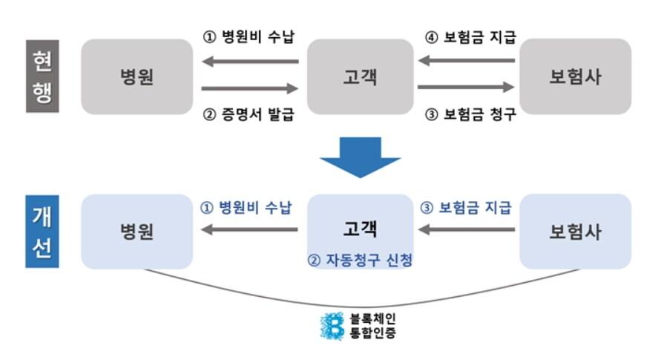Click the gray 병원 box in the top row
coord(137,76)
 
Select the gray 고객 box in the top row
coord(360,76)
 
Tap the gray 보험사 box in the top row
coord(575,76)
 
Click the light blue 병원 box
coord(137,231)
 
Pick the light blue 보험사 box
coord(575,231)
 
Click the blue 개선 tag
coord(42,231)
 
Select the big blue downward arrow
coord(359,157)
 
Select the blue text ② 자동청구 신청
coord(360,261)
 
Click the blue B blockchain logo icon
coord(332,326)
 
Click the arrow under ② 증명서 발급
coord(249,88)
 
